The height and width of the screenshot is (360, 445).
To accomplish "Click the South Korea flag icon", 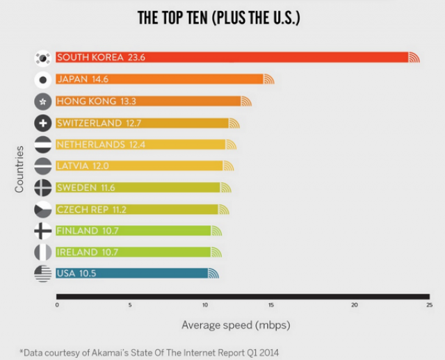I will (x=43, y=58).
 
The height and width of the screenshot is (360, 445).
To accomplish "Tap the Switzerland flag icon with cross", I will (x=43, y=123).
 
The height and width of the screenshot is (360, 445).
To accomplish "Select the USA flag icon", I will (x=43, y=273).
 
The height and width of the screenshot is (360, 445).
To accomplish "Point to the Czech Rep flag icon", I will (x=43, y=209).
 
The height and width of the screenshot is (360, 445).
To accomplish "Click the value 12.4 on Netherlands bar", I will (x=138, y=145).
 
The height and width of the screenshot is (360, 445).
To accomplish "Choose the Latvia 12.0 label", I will (x=83, y=166).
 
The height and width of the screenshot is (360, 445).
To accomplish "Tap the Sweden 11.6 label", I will (x=86, y=188).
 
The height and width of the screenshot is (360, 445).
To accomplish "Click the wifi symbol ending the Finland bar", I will (x=216, y=231).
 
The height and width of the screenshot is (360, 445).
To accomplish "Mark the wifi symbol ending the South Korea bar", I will (x=414, y=58).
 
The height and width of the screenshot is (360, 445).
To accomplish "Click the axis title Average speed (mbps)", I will (x=236, y=325).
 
